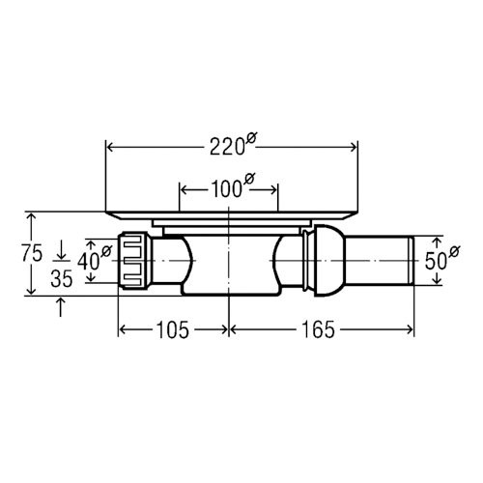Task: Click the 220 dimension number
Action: [226, 148]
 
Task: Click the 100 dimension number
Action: [226, 189]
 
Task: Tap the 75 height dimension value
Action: [32, 253]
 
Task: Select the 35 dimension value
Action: [62, 279]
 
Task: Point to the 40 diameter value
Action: [88, 261]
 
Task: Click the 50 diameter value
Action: [436, 261]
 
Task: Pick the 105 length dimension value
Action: [172, 330]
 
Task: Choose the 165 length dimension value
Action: [318, 330]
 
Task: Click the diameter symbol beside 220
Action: [250, 139]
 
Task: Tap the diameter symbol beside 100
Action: [249, 179]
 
